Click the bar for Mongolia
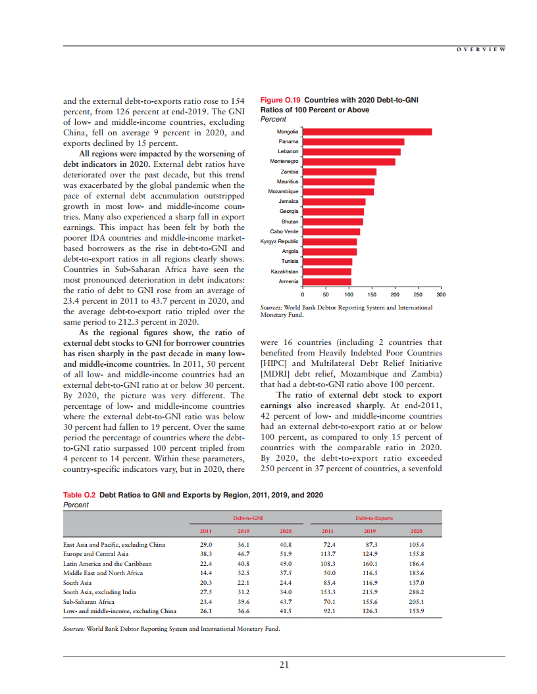pyautogui.click(x=367, y=132)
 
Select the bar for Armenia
pyautogui.click(x=326, y=282)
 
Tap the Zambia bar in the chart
pyautogui.click(x=339, y=172)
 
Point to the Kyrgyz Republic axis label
pyautogui.click(x=280, y=242)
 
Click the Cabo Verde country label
pyautogui.click(x=284, y=231)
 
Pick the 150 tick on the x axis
pyautogui.click(x=372, y=294)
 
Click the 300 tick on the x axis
pyautogui.click(x=441, y=294)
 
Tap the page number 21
pyautogui.click(x=284, y=665)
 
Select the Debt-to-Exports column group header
pyautogui.click(x=374, y=518)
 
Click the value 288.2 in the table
pyautogui.click(x=416, y=592)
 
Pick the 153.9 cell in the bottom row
pyautogui.click(x=416, y=611)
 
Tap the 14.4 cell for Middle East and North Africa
pyautogui.click(x=205, y=573)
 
